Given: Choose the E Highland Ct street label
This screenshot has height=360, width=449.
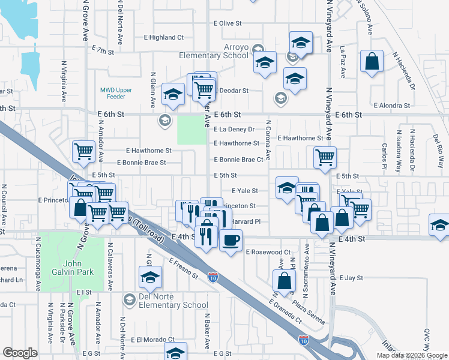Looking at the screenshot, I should pyautogui.click(x=163, y=37).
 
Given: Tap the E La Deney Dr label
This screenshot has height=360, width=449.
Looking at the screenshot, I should pyautogui.click(x=235, y=129).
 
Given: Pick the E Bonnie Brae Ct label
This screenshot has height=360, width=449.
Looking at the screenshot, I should pyautogui.click(x=239, y=160).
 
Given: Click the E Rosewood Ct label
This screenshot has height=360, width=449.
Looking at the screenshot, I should pyautogui.click(x=268, y=252).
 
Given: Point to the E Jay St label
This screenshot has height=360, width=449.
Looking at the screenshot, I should pyautogui.click(x=351, y=278).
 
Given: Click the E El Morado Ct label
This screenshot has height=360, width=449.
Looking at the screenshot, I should pyautogui.click(x=152, y=339).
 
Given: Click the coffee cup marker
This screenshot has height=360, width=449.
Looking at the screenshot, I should pyautogui.click(x=231, y=241).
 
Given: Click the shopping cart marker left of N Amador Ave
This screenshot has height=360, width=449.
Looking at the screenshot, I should pyautogui.click(x=83, y=151).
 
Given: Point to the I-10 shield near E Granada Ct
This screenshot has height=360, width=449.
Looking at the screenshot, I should pyautogui.click(x=304, y=339).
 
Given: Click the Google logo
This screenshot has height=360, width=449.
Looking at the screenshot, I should pyautogui.click(x=20, y=353).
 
